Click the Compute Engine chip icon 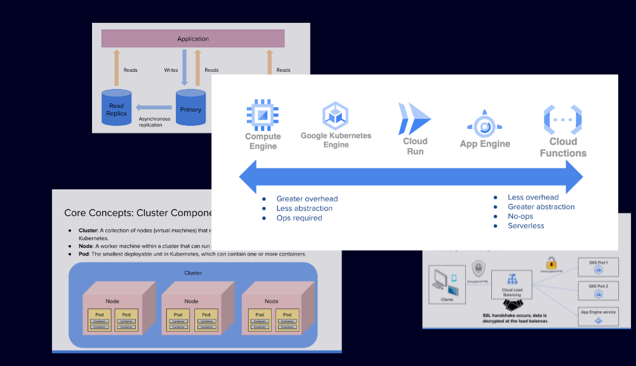click(x=263, y=115)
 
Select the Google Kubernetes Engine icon click(x=336, y=116)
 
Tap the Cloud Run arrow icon click(x=414, y=118)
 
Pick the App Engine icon click(x=485, y=123)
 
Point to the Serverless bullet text click(x=526, y=226)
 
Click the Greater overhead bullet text click(x=307, y=198)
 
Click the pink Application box click(x=193, y=39)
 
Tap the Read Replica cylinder click(x=117, y=109)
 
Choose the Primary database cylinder click(x=190, y=109)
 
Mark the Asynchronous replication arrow click(x=155, y=107)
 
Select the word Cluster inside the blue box click(x=193, y=273)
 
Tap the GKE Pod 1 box click(x=597, y=267)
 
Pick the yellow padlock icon click(x=552, y=262)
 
